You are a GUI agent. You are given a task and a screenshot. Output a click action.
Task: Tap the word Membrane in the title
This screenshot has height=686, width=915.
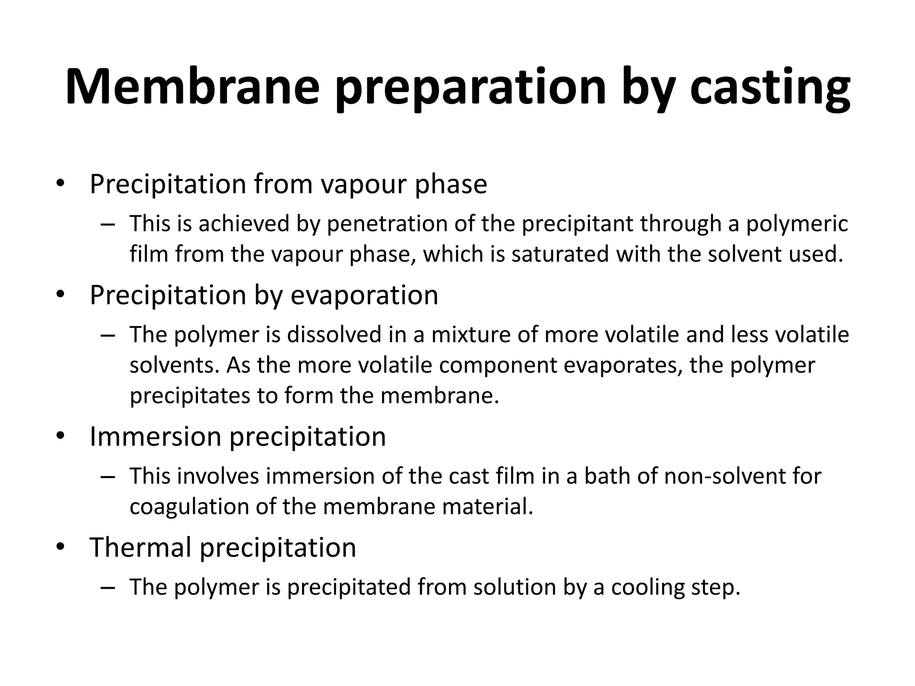pos(193,87)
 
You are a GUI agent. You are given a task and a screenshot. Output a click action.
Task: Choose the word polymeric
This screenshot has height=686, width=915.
pos(797,224)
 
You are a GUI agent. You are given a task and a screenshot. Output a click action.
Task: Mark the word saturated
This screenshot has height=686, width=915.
pos(560,254)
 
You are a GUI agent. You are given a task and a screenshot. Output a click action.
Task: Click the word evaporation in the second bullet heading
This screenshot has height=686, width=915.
pos(365,295)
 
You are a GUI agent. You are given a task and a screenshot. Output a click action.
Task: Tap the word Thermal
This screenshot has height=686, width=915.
pos(141,547)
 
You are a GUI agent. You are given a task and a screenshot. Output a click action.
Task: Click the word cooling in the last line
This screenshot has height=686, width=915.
pos(647,587)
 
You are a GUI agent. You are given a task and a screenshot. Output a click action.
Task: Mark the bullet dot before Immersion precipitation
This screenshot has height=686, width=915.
pos(61,436)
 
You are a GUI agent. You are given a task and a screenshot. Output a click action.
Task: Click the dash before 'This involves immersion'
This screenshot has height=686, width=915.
pos(108,476)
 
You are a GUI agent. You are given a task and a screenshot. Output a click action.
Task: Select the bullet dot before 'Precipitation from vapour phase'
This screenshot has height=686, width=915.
pos(61,184)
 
